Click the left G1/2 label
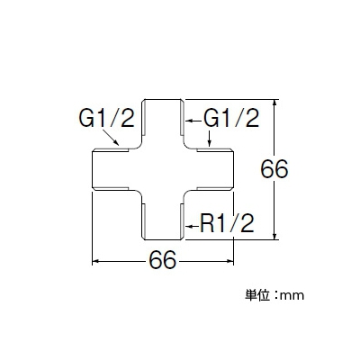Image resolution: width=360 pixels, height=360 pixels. click(106, 118)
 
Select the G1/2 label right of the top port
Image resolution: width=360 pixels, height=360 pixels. click(231, 118)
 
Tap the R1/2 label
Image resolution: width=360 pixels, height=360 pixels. click(227, 223)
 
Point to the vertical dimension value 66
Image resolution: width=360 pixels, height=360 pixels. click(274, 169)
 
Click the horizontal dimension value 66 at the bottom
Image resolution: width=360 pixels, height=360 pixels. click(163, 260)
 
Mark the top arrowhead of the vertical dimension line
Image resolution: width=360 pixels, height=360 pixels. click(274, 103)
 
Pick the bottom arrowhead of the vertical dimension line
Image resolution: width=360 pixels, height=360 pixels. click(274, 237)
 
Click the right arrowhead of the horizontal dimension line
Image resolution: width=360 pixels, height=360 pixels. click(230, 262)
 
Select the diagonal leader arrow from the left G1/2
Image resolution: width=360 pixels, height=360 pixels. click(111, 138)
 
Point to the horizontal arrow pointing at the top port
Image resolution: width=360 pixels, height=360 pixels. click(193, 121)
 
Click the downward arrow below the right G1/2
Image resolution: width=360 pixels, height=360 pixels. click(209, 139)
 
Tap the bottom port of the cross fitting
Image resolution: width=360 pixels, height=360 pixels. click(163, 218)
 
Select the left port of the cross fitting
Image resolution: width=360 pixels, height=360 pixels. click(114, 169)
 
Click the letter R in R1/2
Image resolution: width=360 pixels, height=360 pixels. click(207, 223)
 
